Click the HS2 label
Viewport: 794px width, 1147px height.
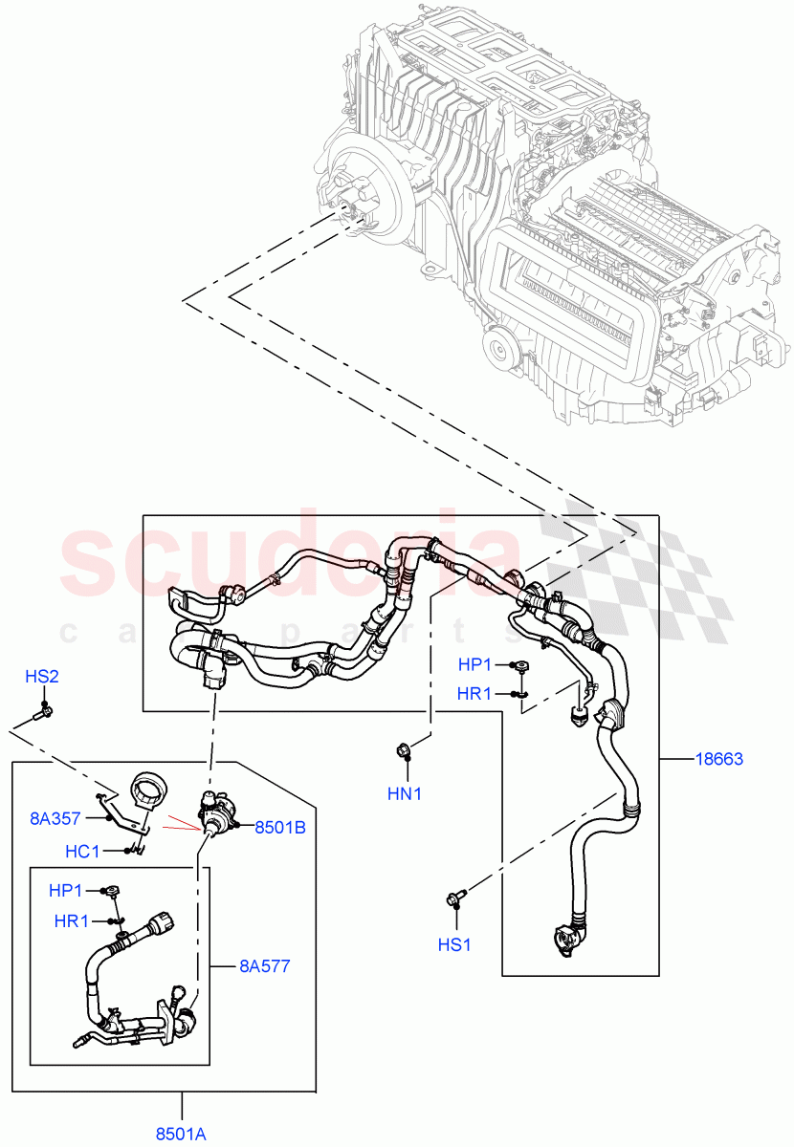42,677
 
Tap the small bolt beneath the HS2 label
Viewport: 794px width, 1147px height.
45,710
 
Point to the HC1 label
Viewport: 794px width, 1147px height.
83,851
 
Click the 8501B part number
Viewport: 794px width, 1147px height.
279,828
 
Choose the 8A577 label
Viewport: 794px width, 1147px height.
264,966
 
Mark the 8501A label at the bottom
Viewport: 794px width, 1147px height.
181,1134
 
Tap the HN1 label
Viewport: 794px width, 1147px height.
406,792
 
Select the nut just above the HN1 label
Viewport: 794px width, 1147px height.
403,750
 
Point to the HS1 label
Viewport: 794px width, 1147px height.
455,944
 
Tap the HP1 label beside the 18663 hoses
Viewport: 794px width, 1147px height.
476,664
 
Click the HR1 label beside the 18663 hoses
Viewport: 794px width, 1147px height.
475,694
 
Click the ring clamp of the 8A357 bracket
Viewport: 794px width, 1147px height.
148,790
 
